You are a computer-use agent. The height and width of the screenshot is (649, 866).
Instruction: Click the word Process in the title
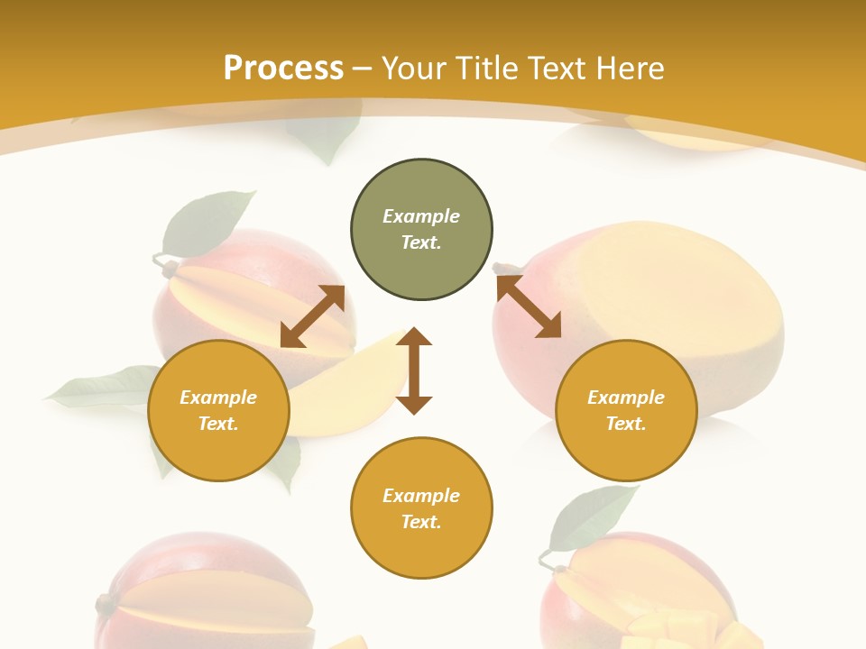click(283, 69)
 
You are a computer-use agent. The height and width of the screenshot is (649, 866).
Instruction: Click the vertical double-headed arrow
click(414, 370)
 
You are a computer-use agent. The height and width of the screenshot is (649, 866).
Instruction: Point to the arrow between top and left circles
click(312, 316)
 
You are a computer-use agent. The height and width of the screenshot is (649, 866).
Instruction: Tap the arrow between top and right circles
click(530, 306)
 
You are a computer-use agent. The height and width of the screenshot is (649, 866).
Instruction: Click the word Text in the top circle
click(421, 242)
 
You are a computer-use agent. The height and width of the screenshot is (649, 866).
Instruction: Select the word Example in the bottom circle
click(421, 496)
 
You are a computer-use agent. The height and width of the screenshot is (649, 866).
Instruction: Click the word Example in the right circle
click(626, 398)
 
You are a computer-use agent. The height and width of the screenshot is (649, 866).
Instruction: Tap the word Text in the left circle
click(218, 424)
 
